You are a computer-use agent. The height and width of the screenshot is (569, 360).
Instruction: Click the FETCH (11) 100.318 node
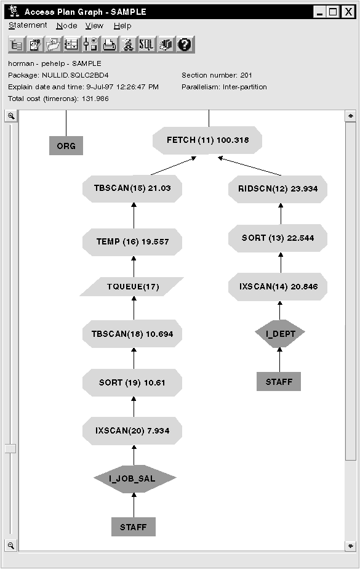207,140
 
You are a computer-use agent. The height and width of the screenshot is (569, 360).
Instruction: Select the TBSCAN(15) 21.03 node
133,189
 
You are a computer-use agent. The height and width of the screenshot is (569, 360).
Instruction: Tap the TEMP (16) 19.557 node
133,241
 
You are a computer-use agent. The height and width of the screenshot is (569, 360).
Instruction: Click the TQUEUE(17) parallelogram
132,286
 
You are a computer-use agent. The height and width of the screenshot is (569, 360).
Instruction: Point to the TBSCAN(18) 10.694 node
133,334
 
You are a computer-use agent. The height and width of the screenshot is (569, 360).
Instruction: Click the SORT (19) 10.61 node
133,382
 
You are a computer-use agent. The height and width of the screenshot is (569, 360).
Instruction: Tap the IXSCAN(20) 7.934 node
133,430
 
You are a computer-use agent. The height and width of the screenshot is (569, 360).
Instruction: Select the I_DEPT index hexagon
280,333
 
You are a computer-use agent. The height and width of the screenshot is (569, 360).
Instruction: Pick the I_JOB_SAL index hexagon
135,478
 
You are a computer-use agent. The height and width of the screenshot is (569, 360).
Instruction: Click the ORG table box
66,146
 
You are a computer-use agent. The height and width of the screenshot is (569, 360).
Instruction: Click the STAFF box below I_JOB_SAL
134,527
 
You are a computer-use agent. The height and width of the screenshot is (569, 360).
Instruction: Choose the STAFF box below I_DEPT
279,382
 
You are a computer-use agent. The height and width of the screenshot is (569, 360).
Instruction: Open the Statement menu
28,26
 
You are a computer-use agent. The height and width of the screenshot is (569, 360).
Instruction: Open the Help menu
122,26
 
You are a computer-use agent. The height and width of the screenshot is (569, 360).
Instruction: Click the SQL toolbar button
146,44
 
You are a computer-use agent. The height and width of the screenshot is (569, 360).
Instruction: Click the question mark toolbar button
185,44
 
